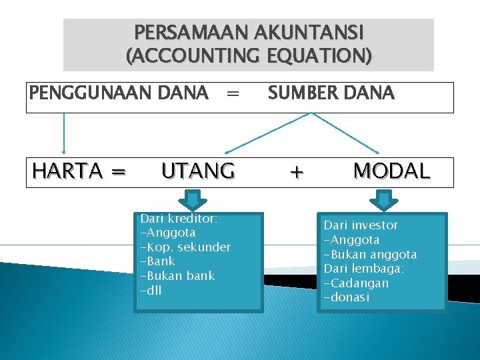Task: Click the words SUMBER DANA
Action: (331, 93)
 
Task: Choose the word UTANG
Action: (198, 172)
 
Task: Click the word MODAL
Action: (391, 172)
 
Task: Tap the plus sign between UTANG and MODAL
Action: (297, 173)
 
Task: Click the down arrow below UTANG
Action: (192, 200)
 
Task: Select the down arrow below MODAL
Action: (383, 200)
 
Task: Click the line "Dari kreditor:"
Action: (179, 219)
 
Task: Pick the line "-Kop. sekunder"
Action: (185, 247)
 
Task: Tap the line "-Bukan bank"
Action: (177, 276)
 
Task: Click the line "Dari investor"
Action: (361, 226)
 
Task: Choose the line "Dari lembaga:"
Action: (363, 269)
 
